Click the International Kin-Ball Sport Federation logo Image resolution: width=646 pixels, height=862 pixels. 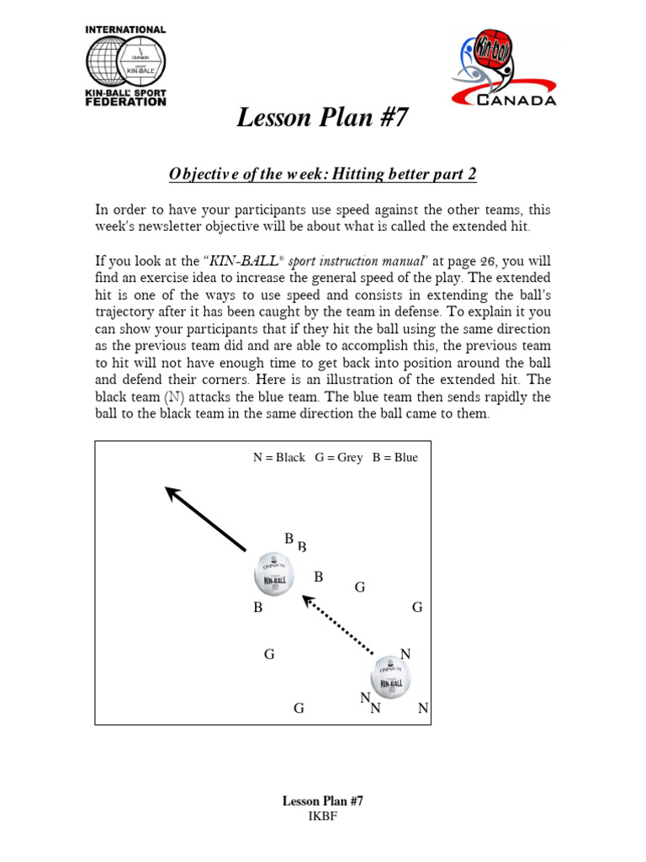click(x=126, y=66)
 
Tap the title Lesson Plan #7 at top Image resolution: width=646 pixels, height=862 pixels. click(x=322, y=118)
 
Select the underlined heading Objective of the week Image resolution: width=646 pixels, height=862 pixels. click(x=322, y=174)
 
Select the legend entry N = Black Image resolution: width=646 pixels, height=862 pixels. click(x=279, y=458)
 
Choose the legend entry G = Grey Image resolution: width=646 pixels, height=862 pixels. click(x=339, y=458)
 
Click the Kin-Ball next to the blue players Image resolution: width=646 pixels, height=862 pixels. click(x=274, y=574)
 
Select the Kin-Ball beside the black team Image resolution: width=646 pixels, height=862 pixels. click(x=391, y=677)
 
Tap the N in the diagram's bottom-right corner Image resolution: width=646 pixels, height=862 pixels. click(x=423, y=709)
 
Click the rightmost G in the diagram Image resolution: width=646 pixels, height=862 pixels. click(x=416, y=607)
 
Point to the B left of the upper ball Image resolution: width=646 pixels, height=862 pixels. click(x=258, y=607)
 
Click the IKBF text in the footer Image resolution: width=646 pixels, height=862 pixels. click(x=322, y=817)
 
